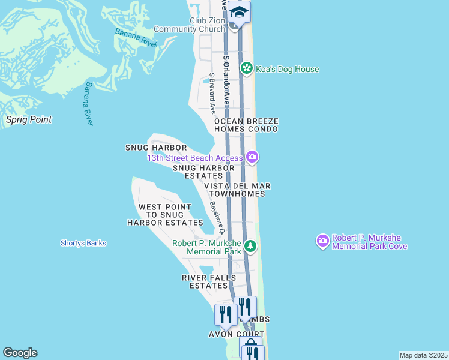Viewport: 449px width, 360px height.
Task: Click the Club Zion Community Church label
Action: [x=190, y=25]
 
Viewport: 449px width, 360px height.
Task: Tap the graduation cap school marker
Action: [x=239, y=13]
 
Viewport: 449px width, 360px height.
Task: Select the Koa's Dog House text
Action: [x=287, y=69]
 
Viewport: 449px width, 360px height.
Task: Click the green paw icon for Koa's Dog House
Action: [x=246, y=69]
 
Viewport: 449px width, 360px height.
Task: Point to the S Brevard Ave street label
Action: [x=212, y=94]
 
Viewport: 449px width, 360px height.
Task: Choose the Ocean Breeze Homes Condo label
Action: [x=246, y=125]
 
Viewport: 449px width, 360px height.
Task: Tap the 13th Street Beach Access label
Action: [x=195, y=158]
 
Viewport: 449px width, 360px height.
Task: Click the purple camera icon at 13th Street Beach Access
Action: [x=252, y=158]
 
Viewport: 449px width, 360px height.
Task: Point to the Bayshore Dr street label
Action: [x=217, y=217]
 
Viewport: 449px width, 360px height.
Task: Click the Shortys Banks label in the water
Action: [x=83, y=243]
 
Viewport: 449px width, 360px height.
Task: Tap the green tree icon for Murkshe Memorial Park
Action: [x=251, y=246]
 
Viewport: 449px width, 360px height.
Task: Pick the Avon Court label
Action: [x=237, y=334]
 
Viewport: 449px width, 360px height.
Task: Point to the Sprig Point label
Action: [x=29, y=119]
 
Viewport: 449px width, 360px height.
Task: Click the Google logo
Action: [x=20, y=353]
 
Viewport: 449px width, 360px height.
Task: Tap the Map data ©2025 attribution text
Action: [x=423, y=355]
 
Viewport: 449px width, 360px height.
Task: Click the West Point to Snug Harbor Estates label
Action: [x=165, y=215]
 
